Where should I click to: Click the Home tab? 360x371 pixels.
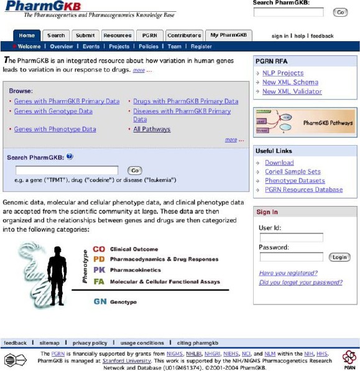(27, 35)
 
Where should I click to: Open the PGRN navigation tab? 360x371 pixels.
(149, 35)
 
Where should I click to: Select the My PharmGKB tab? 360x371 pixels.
(228, 35)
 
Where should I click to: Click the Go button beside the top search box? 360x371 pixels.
(340, 12)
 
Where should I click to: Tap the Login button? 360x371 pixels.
(339, 257)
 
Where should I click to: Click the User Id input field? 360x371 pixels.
(291, 238)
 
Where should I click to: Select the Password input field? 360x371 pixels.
(291, 257)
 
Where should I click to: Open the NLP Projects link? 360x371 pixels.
(283, 73)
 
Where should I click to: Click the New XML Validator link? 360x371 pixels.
(292, 92)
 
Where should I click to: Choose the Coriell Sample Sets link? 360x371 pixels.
(292, 172)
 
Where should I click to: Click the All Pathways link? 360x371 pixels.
(152, 129)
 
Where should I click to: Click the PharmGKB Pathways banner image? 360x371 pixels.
(305, 123)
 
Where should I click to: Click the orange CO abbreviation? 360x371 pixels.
(99, 249)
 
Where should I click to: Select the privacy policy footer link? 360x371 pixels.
(90, 343)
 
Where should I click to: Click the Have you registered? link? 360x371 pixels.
(288, 273)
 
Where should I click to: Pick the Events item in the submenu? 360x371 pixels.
(91, 47)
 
